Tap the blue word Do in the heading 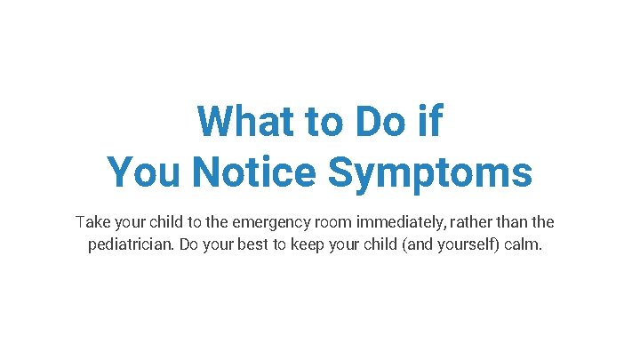click(383, 122)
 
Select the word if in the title click(429, 122)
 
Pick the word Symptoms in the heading click(430, 172)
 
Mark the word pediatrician click(131, 244)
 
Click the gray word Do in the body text click(189, 244)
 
